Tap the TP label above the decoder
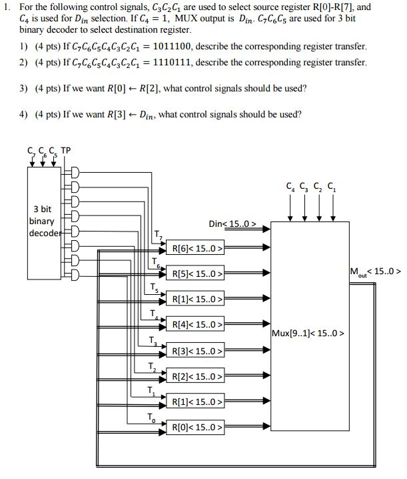pyautogui.click(x=66, y=149)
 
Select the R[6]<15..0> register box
pyautogui.click(x=196, y=249)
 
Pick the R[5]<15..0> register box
pyautogui.click(x=196, y=274)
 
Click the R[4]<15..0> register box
pyautogui.click(x=196, y=325)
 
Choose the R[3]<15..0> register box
pyautogui.click(x=196, y=351)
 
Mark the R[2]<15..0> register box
pyautogui.click(x=196, y=376)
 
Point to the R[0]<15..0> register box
pyautogui.click(x=196, y=427)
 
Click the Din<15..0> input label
pyautogui.click(x=232, y=224)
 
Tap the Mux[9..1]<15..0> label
pyautogui.click(x=308, y=332)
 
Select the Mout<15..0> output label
pyautogui.click(x=374, y=272)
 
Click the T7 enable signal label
pyautogui.click(x=157, y=234)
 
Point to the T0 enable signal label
pyautogui.click(x=151, y=418)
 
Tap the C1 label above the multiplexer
pyautogui.click(x=332, y=187)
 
